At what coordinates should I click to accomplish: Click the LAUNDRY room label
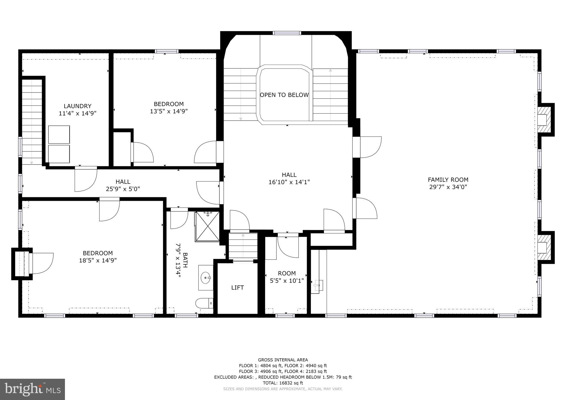[x=77, y=106]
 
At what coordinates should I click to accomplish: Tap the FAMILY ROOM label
[x=448, y=180]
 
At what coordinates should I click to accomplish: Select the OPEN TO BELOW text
[x=284, y=95]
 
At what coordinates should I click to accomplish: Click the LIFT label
[x=237, y=288]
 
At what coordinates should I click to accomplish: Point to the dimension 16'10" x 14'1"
[x=289, y=182]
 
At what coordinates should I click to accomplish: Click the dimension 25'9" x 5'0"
[x=123, y=189]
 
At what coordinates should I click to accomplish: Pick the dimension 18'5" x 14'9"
[x=98, y=260]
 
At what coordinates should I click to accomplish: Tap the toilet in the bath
[x=204, y=303]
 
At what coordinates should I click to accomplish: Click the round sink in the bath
[x=206, y=277]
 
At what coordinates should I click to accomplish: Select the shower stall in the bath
[x=207, y=227]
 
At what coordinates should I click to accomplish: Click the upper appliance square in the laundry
[x=59, y=134]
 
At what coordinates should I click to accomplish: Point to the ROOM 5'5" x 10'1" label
[x=287, y=277]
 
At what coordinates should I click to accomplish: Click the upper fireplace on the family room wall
[x=543, y=120]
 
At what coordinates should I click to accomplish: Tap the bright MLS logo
[x=33, y=389]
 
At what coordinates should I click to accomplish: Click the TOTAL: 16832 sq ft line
[x=283, y=383]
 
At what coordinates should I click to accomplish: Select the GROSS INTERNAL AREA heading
[x=283, y=360]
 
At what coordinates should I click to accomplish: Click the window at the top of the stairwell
[x=287, y=33]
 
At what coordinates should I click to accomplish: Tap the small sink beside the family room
[x=318, y=285]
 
